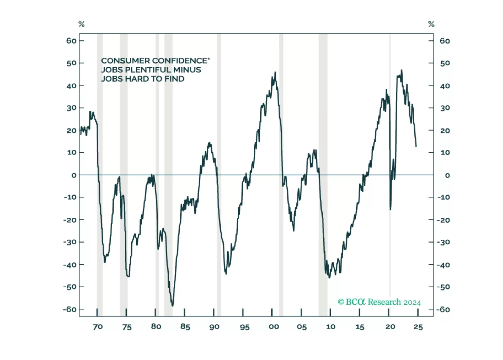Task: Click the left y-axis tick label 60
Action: pyautogui.click(x=71, y=41)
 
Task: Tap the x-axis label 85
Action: pyautogui.click(x=185, y=327)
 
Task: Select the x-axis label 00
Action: pyautogui.click(x=274, y=327)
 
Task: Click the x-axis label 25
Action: pyautogui.click(x=418, y=327)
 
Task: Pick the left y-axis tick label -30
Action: pyautogui.click(x=70, y=242)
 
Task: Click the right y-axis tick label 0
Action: pyautogui.click(x=447, y=175)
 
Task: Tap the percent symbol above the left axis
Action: pyautogui.click(x=82, y=24)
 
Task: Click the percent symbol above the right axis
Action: pyautogui.click(x=431, y=24)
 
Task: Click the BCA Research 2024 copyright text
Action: pyautogui.click(x=379, y=302)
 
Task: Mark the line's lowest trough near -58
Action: pyautogui.click(x=172, y=305)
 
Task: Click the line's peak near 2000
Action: pyautogui.click(x=275, y=72)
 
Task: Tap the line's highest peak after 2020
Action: pyautogui.click(x=401, y=70)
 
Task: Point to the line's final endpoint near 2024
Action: pyautogui.click(x=416, y=146)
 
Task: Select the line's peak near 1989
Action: pyautogui.click(x=209, y=143)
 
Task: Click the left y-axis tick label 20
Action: pyautogui.click(x=71, y=131)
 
